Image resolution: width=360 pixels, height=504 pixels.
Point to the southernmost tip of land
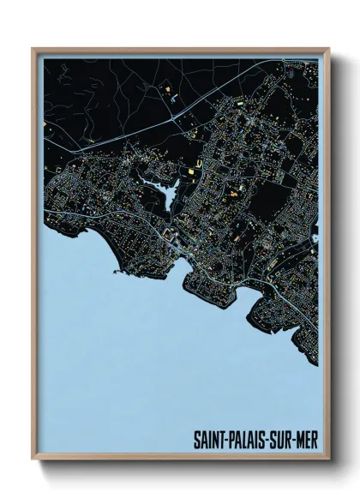[315, 363]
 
